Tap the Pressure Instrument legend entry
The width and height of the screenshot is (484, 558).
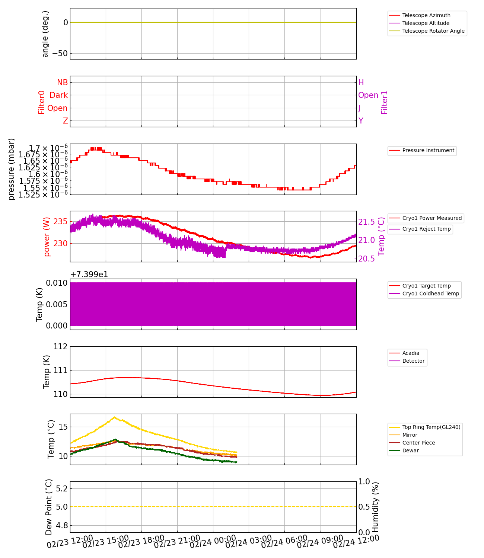click(x=428, y=150)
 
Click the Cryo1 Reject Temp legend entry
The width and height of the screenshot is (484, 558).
click(x=426, y=229)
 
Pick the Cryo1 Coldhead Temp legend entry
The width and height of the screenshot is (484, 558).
click(x=430, y=294)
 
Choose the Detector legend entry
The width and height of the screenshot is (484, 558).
click(x=413, y=361)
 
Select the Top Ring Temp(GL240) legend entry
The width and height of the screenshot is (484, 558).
click(x=431, y=427)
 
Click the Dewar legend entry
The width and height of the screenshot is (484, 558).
click(x=410, y=450)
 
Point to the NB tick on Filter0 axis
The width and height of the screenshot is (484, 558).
click(x=62, y=83)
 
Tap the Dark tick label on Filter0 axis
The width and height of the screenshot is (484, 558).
click(x=59, y=95)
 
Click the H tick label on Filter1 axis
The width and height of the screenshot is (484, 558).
click(x=361, y=83)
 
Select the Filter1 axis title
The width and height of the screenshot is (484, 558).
click(x=385, y=102)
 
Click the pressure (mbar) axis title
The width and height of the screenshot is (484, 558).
click(x=12, y=169)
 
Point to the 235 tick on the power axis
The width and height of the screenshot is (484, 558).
click(x=60, y=222)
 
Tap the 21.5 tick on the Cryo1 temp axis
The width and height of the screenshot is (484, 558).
click(x=366, y=222)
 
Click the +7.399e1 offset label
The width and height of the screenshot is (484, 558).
click(x=89, y=275)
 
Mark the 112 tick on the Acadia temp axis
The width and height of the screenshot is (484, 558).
click(x=60, y=347)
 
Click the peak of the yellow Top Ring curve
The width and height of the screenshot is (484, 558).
click(x=114, y=417)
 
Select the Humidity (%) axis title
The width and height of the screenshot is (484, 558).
click(x=375, y=507)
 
